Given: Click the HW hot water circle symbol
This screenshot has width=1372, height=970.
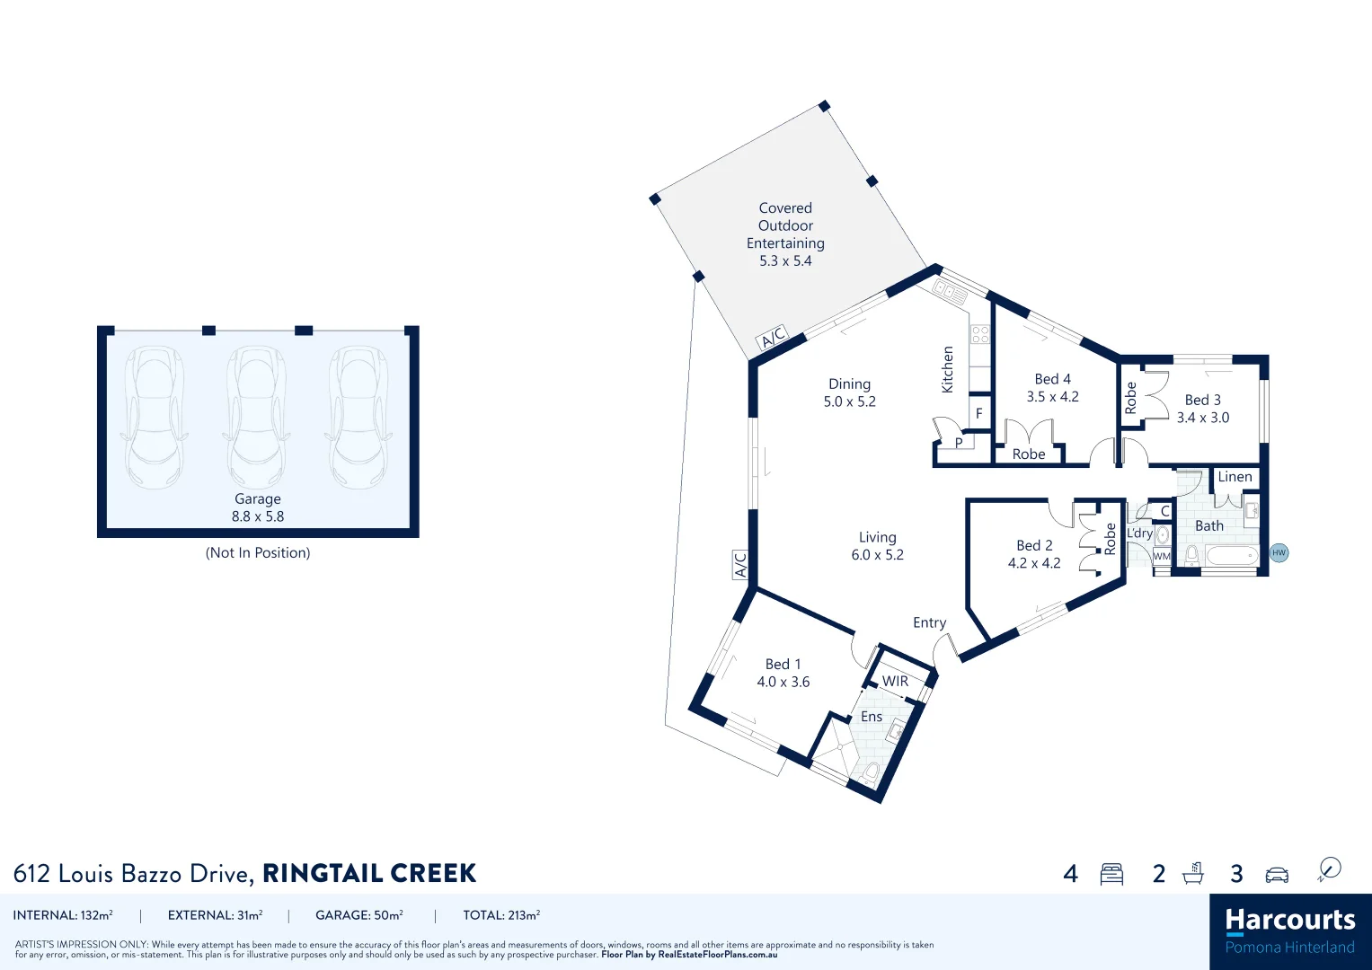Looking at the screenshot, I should pos(1279,552).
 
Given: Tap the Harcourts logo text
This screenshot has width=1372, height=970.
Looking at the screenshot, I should pos(1289,920).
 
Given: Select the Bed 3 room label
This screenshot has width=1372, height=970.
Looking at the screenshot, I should pos(1202,400).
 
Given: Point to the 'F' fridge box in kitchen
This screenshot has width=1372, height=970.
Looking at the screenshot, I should pos(979,413).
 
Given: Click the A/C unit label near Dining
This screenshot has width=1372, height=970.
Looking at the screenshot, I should pos(773,337).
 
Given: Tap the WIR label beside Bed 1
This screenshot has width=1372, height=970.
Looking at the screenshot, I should pos(895,681).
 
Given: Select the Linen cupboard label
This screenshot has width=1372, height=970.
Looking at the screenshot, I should pos(1235,477).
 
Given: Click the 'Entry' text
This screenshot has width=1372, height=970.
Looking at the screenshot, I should pos(929,622).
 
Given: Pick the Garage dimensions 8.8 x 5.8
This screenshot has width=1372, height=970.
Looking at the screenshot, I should pos(258,516).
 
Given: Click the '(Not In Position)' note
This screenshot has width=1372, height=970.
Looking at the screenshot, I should pos(258,552).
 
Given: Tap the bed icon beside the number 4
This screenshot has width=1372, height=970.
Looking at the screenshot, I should pos(1111,874).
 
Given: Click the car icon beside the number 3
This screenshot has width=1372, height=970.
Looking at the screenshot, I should pos(1277,874).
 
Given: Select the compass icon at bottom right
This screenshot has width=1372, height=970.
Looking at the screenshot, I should pos(1329,869).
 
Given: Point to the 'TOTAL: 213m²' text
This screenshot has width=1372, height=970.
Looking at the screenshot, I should pos(501,915).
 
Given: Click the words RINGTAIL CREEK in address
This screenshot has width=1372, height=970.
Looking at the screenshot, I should pos(369,873).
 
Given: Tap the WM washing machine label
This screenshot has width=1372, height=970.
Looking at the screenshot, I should pos(1162,556).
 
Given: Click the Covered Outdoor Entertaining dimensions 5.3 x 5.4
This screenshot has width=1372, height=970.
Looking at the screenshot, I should pos(785,260).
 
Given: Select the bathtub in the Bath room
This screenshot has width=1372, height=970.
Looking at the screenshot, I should pos(1231,557).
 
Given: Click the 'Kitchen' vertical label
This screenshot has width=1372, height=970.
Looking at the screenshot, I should pos(947,369).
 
